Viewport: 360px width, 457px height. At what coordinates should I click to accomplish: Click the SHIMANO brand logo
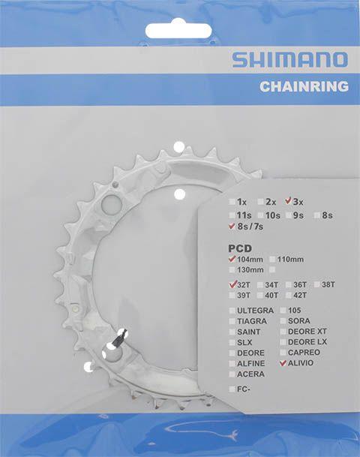pos(289,60)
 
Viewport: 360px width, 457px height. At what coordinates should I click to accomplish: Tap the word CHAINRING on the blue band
pos(304,86)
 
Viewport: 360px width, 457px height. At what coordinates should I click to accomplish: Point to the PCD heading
pos(240,248)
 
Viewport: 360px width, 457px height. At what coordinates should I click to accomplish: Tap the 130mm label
pos(250,269)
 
